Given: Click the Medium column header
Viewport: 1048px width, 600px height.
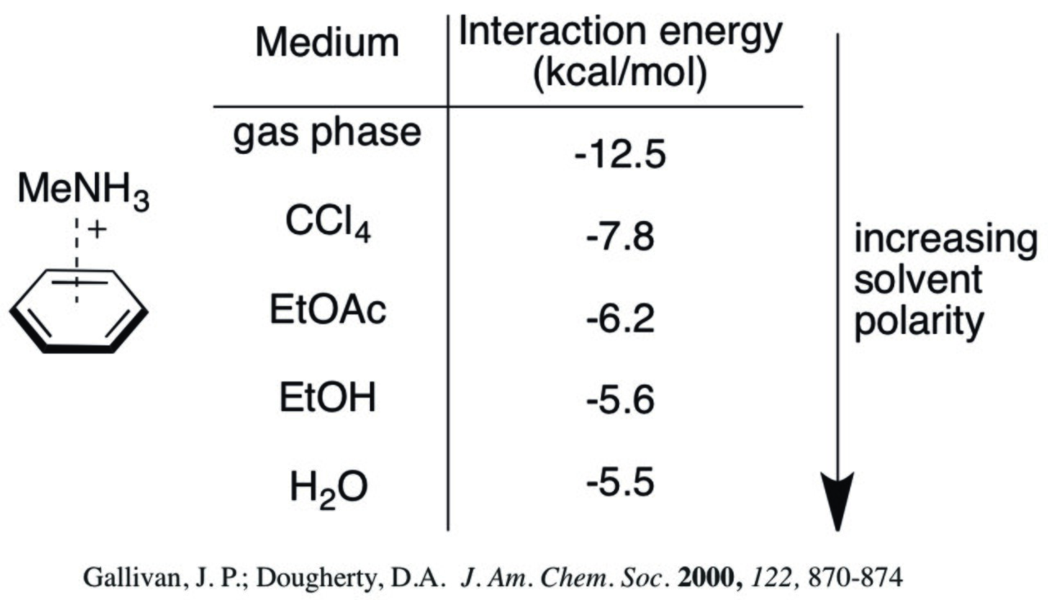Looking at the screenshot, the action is (327, 43).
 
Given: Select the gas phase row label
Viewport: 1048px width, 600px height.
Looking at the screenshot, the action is (327, 133).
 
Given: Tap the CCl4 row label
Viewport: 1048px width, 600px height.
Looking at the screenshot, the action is (328, 223).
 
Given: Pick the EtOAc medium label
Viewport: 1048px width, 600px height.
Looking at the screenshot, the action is (328, 309).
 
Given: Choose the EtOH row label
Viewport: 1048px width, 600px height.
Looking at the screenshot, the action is (327, 397).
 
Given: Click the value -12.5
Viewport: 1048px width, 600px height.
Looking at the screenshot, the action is (620, 155).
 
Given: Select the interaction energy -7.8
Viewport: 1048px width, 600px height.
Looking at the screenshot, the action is (620, 237).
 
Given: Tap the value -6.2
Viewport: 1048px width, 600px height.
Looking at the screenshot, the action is (620, 319).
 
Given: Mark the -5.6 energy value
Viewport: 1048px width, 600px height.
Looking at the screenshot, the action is (620, 400).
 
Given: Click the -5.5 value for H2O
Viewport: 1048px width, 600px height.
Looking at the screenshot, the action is (620, 482).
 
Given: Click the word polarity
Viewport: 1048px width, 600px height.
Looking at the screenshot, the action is (919, 323).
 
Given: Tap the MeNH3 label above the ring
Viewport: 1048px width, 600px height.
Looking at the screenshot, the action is (84, 191).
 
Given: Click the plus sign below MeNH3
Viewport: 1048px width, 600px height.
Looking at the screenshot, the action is (97, 230).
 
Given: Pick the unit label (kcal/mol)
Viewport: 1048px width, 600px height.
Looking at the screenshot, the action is (620, 74).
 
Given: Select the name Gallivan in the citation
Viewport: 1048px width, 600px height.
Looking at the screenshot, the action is (133, 579).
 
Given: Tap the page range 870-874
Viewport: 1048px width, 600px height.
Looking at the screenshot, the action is (856, 578).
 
